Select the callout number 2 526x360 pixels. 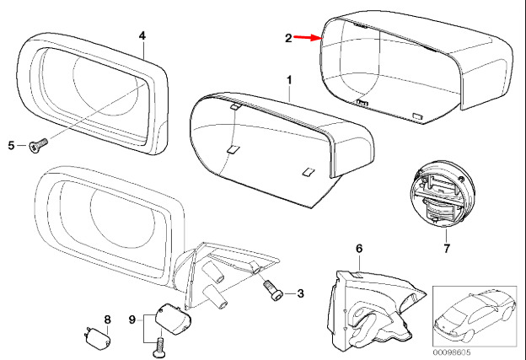(288, 38)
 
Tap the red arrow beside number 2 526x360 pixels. (307, 38)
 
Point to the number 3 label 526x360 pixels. (299, 293)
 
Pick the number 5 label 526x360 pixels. (13, 146)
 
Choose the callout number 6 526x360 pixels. (358, 249)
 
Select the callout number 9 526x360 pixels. (131, 319)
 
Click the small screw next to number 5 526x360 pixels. (36, 147)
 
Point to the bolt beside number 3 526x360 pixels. (271, 292)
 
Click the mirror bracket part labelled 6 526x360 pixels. (371, 308)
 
